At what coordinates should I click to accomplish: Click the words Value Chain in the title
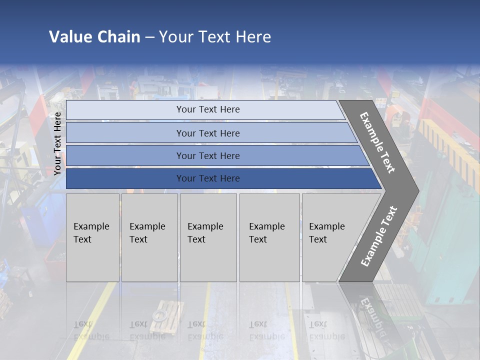click(94, 37)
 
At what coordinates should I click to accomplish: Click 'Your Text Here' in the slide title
click(215, 37)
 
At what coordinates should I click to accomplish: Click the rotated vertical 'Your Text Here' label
click(57, 143)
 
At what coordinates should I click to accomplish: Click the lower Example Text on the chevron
click(379, 236)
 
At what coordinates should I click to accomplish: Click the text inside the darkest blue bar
click(208, 178)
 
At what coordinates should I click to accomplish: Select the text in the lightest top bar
click(208, 109)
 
